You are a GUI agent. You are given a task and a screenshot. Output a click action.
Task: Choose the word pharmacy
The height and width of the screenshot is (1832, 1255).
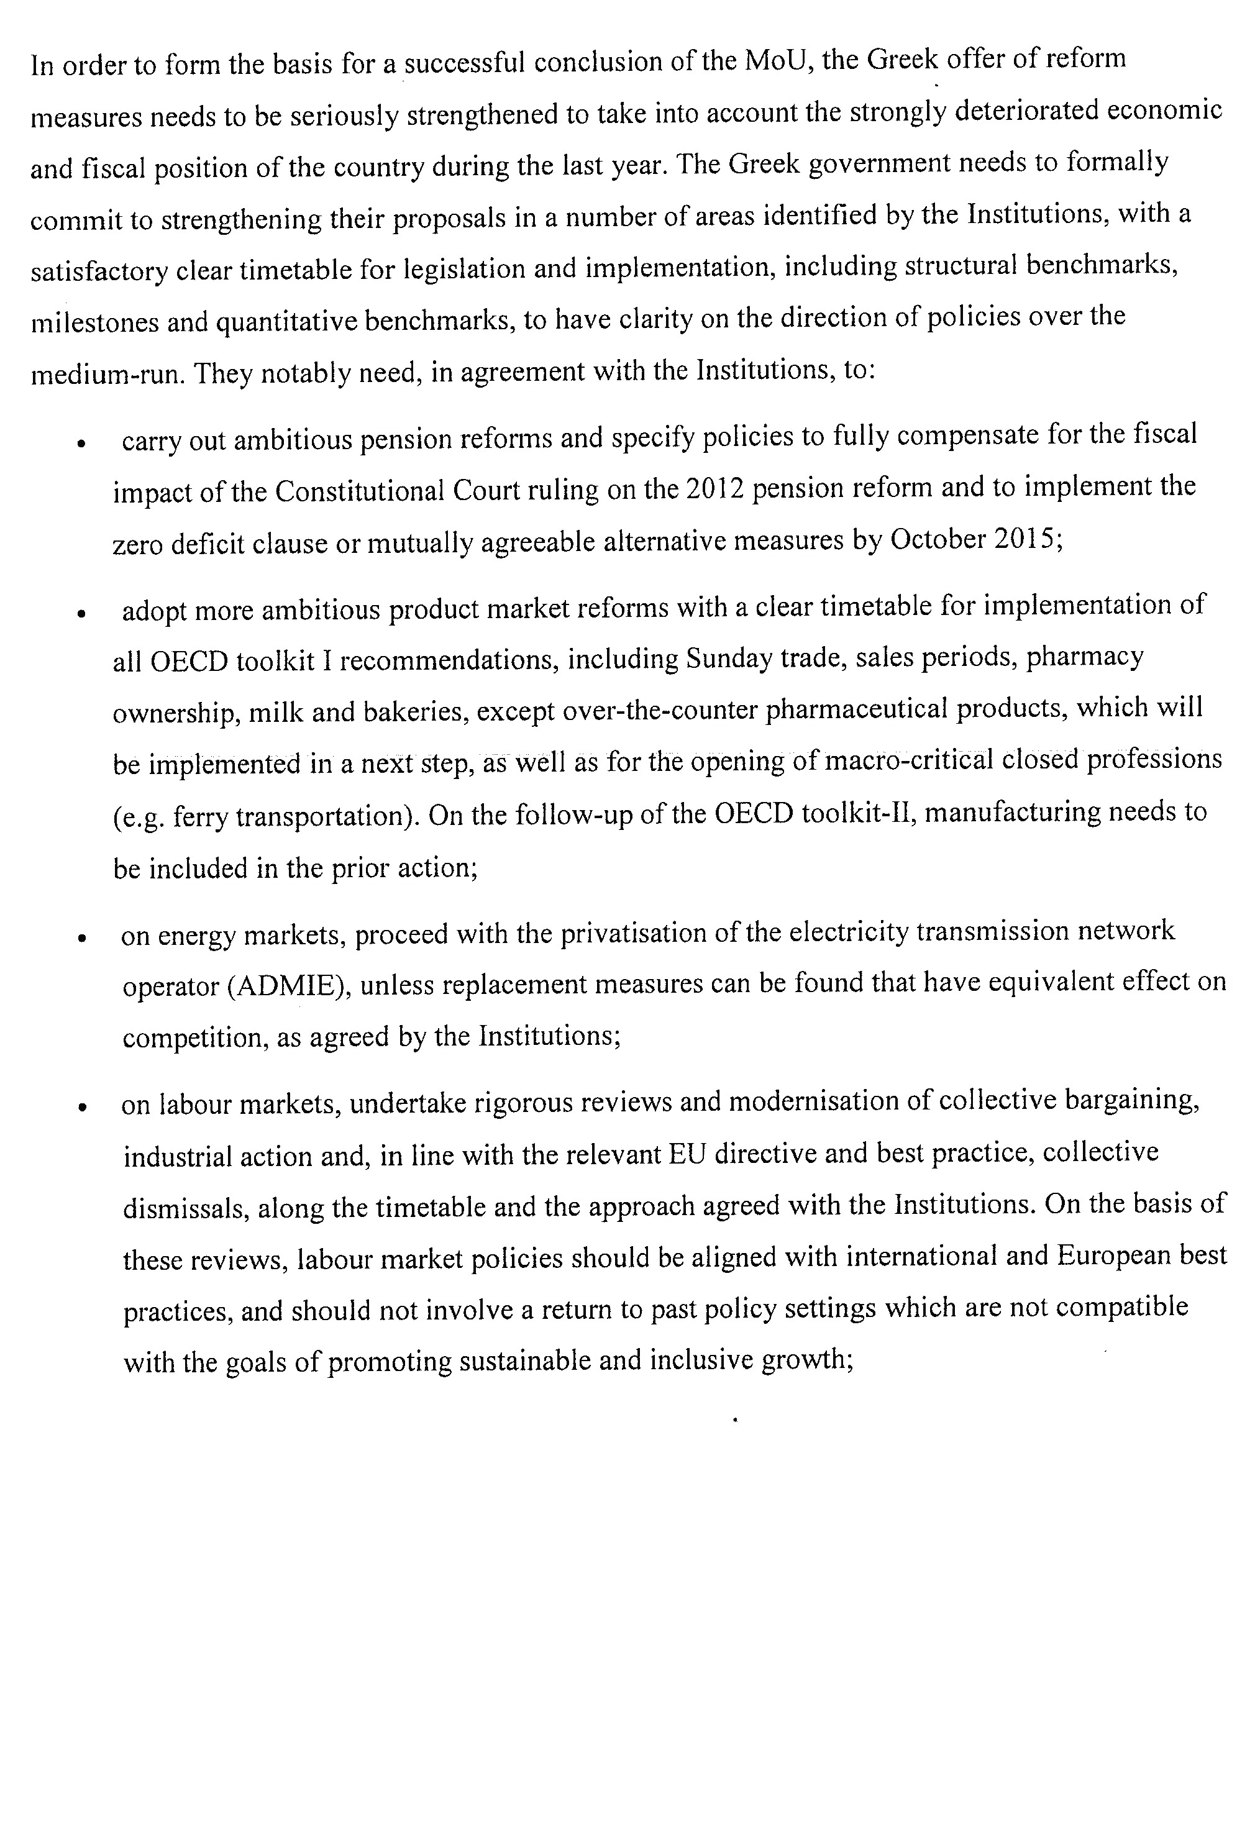(1084, 657)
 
